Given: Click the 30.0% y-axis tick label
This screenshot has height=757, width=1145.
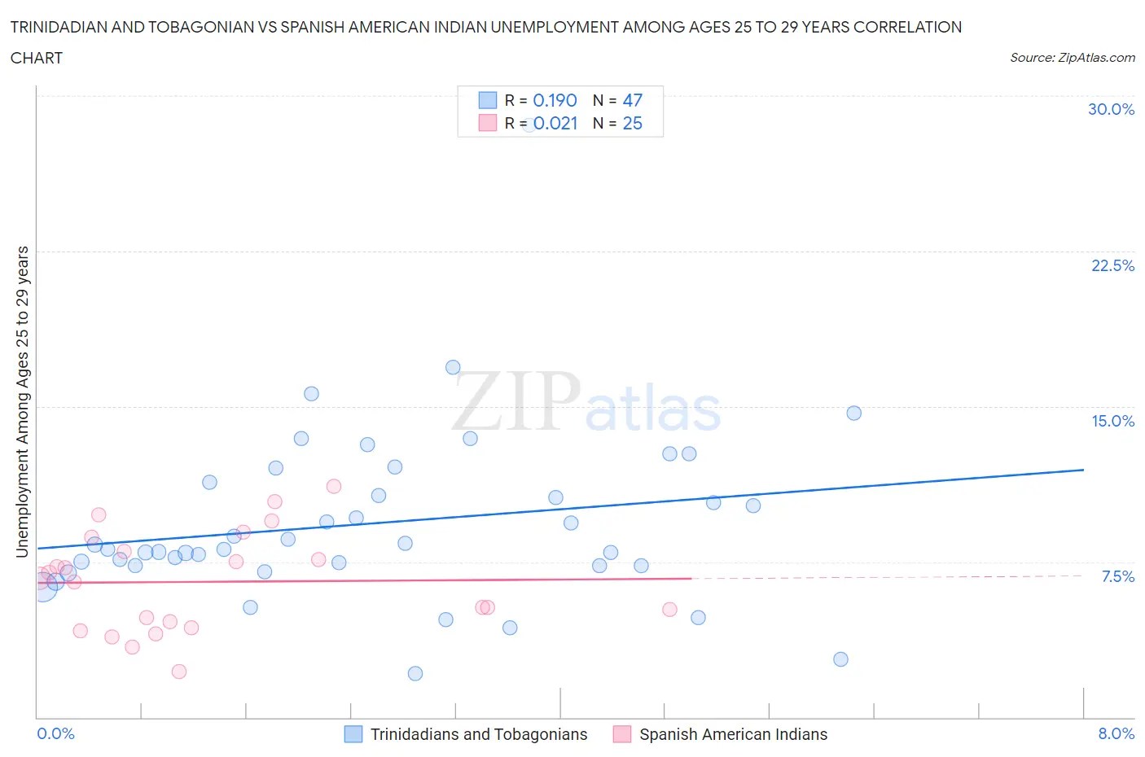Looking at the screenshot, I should (1111, 109).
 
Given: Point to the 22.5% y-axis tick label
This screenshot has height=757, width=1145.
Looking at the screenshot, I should (1112, 265).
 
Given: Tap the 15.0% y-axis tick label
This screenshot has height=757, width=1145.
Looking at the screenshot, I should (1112, 421).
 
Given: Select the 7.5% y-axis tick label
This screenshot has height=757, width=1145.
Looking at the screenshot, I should (1117, 576).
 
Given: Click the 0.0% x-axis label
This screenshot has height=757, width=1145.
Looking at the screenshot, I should (55, 733).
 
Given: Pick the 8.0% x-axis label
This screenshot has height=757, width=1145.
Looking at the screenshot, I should (1116, 733).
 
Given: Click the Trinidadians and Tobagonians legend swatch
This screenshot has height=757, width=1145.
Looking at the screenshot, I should (353, 734).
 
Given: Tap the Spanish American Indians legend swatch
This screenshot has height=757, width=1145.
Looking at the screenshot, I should (622, 734).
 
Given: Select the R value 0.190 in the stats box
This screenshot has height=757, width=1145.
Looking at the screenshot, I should (555, 100).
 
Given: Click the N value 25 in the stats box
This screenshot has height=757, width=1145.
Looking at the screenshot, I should (632, 123).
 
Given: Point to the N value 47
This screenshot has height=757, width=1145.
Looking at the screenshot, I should (632, 100).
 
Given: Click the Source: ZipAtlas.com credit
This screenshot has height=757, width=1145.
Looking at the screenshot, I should (1072, 58).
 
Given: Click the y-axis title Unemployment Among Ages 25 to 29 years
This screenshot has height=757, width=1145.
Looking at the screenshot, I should (22, 401).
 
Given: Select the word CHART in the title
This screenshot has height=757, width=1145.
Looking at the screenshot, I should (37, 58).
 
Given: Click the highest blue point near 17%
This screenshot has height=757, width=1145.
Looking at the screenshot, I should (453, 367).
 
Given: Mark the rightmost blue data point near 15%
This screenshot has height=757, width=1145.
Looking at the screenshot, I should (853, 413).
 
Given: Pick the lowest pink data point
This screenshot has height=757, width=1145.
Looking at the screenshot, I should (179, 672).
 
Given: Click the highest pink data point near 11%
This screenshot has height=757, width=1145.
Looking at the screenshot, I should (333, 486).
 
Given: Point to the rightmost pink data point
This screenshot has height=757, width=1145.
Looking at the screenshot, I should (669, 610).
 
